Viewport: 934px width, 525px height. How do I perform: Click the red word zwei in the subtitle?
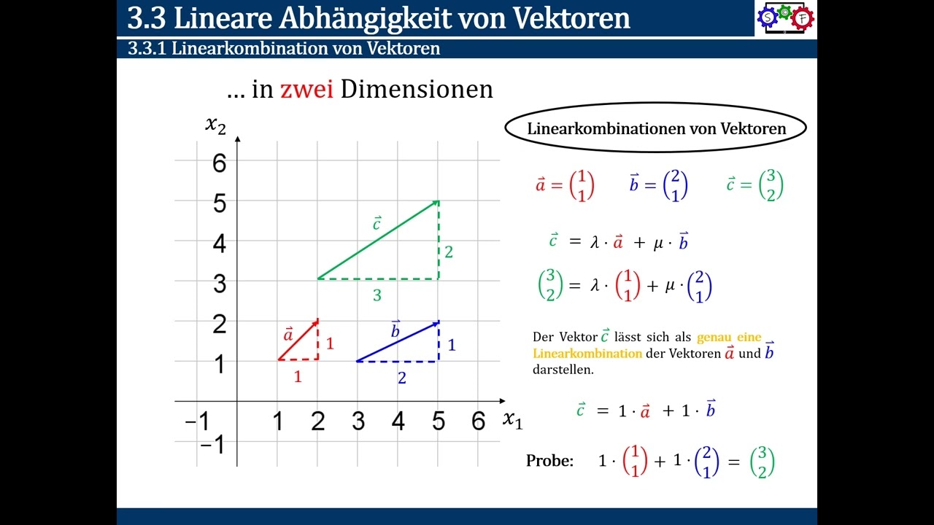pos(306,89)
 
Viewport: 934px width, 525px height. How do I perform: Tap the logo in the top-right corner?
pos(785,17)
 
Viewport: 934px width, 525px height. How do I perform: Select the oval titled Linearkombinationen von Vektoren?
pos(655,128)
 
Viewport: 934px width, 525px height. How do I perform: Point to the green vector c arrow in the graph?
pos(378,240)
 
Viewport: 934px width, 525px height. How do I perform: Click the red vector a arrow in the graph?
pos(298,340)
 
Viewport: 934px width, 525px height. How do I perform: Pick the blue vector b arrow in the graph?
pos(398,341)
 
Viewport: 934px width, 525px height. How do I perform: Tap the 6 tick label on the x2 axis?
pos(219,163)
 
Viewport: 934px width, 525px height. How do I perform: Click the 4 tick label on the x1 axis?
pos(398,421)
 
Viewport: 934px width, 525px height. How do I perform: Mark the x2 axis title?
pos(215,125)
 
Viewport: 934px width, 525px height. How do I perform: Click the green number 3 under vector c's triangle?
pos(377,295)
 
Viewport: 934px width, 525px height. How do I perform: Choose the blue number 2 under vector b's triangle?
pos(401,378)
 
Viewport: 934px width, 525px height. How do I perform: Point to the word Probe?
pos(549,461)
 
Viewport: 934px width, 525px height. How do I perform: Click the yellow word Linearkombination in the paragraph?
pos(587,354)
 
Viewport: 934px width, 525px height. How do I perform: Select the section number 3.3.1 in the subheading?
pos(147,49)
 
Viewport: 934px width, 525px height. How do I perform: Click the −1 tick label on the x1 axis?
pos(196,421)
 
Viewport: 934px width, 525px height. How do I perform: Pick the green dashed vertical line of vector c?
pos(438,241)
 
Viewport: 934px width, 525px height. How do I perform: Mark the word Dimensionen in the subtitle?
pos(417,89)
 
